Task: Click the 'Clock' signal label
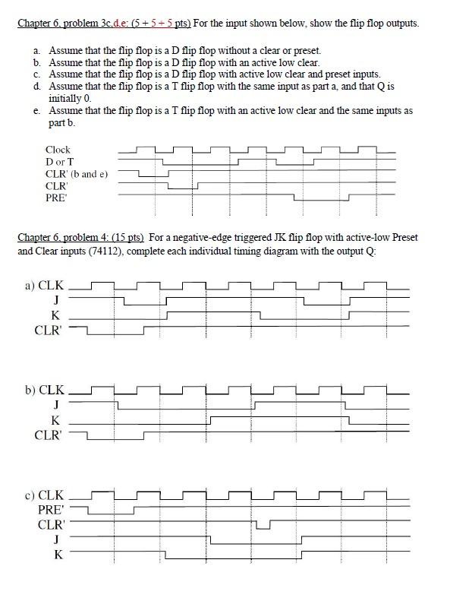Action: click(x=58, y=150)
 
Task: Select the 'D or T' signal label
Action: click(x=60, y=162)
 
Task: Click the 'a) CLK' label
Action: click(x=45, y=287)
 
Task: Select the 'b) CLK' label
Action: click(x=45, y=391)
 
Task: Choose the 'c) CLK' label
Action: click(x=45, y=495)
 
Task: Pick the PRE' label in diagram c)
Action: click(x=52, y=510)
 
